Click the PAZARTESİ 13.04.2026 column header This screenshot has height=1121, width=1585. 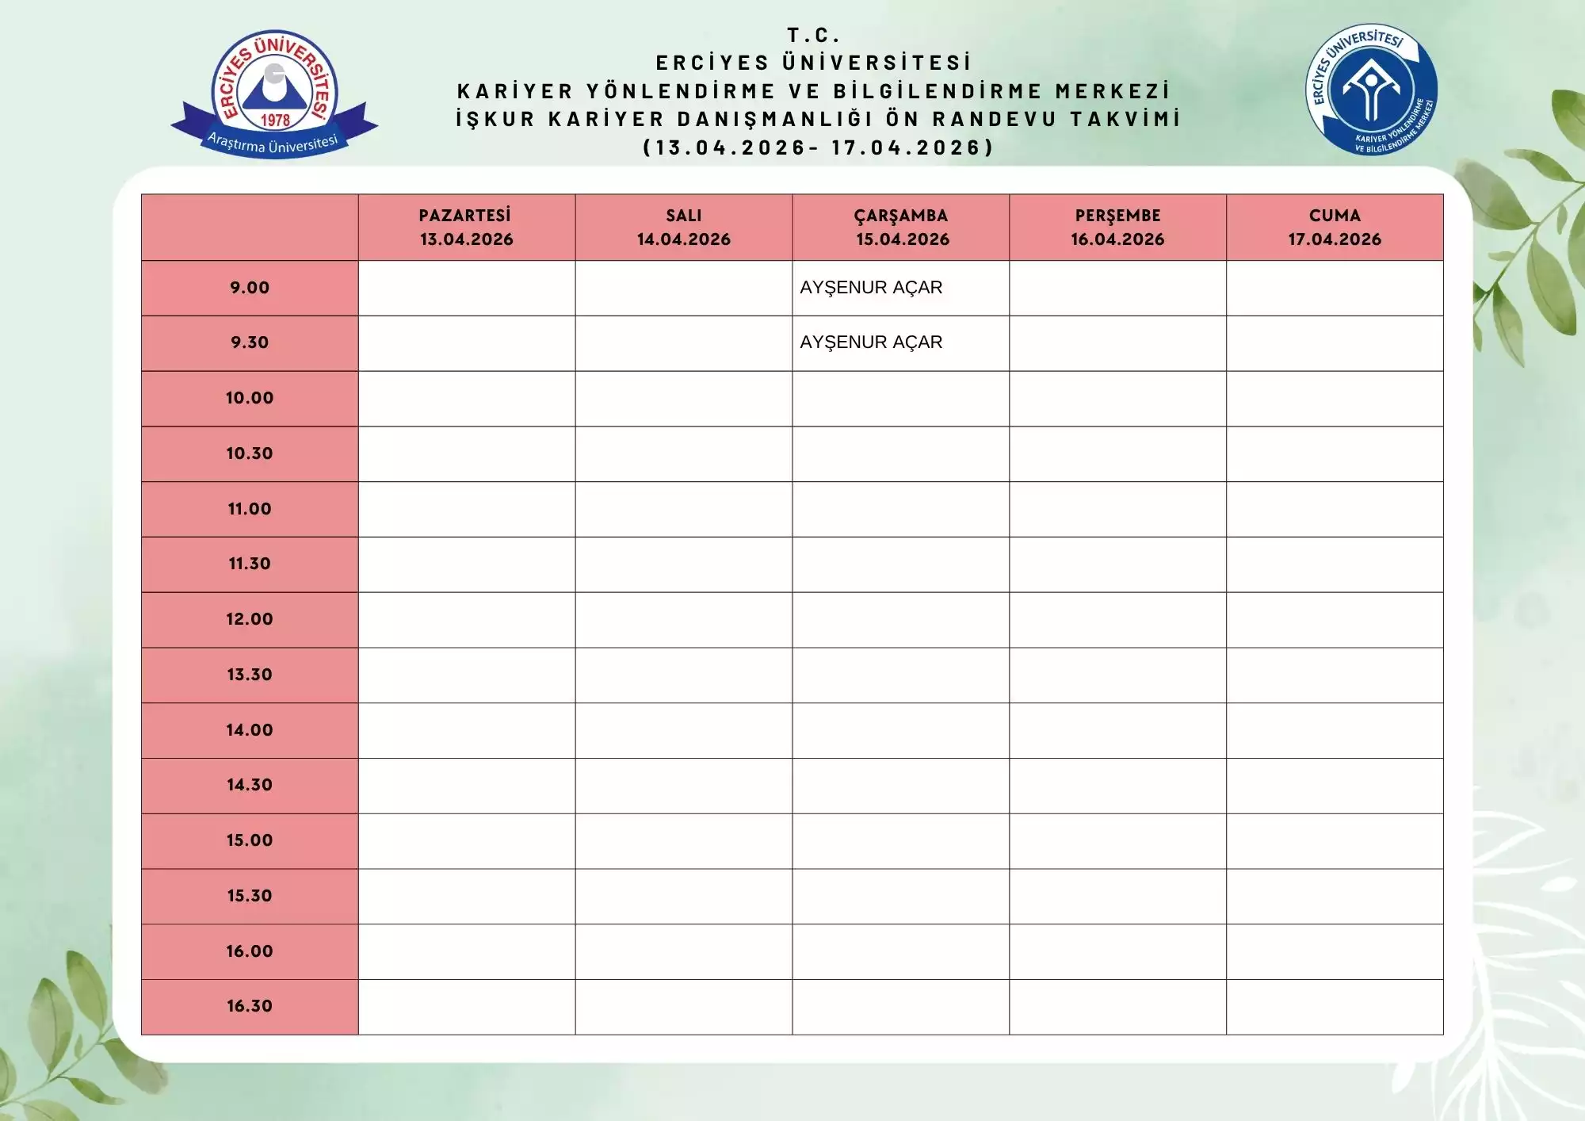click(x=466, y=228)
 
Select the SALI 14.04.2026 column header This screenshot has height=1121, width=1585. click(x=683, y=228)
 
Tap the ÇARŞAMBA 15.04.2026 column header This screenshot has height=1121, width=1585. click(x=901, y=228)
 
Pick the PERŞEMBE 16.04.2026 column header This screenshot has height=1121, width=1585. click(x=1117, y=228)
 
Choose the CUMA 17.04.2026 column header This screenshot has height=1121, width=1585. click(x=1335, y=228)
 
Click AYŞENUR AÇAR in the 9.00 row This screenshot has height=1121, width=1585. click(x=871, y=288)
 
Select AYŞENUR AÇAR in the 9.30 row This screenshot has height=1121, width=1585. click(x=871, y=342)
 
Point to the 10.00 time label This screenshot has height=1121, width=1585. click(x=250, y=398)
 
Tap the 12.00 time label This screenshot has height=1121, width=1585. click(x=250, y=619)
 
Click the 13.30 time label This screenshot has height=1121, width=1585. click(x=250, y=675)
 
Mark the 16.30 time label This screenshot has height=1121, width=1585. click(x=250, y=1006)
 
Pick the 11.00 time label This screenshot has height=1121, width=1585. click(x=250, y=509)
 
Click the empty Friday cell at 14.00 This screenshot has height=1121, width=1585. click(x=1335, y=730)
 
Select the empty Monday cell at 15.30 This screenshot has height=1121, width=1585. click(x=466, y=896)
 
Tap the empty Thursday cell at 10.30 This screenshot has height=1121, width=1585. click(x=1117, y=453)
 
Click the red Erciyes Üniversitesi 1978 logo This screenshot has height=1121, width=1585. click(x=274, y=94)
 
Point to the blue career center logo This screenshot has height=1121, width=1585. click(x=1371, y=89)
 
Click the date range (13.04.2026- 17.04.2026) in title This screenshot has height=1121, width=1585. click(x=818, y=147)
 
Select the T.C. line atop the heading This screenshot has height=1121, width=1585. click(x=813, y=36)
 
